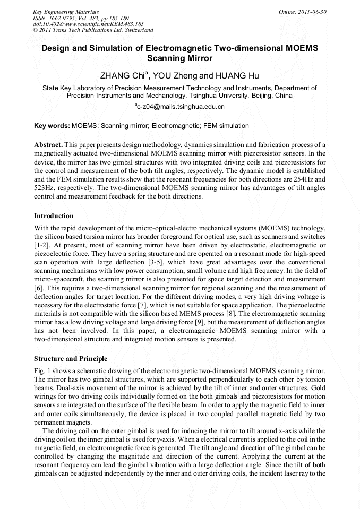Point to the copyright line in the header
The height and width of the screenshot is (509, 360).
click(x=93, y=30)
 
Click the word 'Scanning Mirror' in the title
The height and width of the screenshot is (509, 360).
click(x=179, y=58)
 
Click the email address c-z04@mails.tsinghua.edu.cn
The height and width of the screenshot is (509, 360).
click(x=181, y=107)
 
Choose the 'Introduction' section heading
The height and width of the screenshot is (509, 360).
click(x=54, y=216)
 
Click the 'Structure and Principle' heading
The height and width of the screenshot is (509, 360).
click(x=71, y=359)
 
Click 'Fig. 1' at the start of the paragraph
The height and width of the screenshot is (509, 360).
click(x=42, y=369)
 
